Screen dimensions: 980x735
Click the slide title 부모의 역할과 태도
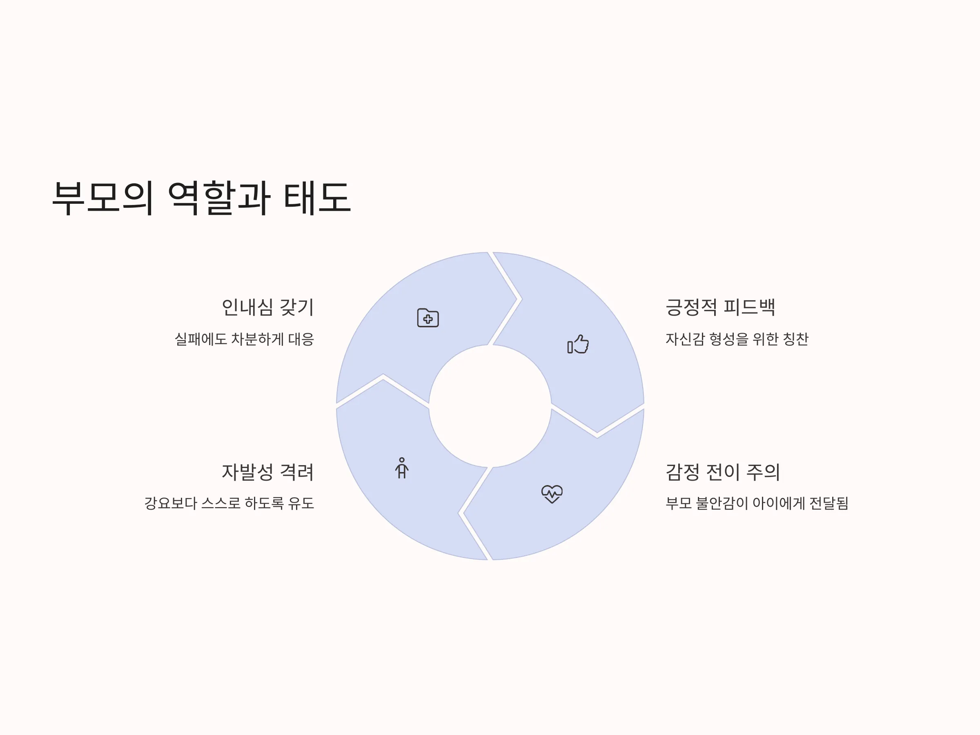click(202, 198)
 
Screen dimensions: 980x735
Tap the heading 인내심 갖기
click(267, 307)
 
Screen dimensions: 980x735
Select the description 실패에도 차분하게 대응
click(244, 339)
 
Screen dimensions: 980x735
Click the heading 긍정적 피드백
click(720, 307)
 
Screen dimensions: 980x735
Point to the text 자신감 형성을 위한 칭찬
click(737, 339)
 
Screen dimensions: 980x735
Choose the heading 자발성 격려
click(267, 472)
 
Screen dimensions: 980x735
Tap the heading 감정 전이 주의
click(723, 472)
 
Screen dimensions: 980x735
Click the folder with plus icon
click(428, 318)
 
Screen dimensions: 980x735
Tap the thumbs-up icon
click(578, 344)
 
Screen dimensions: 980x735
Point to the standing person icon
click(402, 468)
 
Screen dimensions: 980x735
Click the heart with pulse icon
click(552, 494)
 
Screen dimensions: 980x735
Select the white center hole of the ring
click(490, 406)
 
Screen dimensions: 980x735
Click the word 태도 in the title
click(317, 198)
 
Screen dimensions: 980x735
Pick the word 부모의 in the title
click(103, 198)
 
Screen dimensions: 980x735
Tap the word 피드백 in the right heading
click(749, 307)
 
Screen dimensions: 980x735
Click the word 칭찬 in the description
click(796, 339)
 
